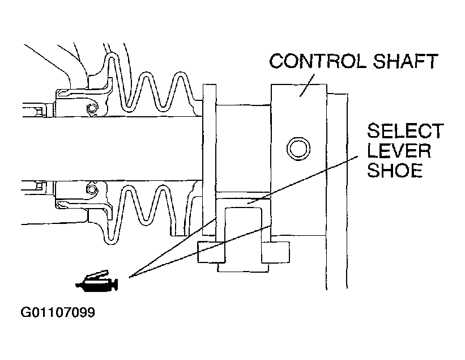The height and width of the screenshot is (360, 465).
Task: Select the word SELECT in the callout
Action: point(404,132)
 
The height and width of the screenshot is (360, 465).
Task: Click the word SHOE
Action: point(395,170)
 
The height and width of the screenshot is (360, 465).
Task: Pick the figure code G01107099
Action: point(58,312)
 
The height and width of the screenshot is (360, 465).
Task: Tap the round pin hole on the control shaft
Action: point(298,149)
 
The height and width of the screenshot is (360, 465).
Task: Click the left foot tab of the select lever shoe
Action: point(210,251)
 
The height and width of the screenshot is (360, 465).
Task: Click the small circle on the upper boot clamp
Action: point(92,108)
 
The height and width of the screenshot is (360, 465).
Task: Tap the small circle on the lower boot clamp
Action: point(92,189)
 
